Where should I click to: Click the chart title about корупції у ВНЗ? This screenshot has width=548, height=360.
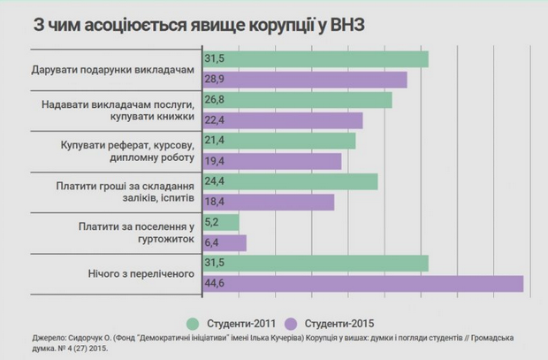[198, 24]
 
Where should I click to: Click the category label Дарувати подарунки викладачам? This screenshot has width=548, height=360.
[112, 69]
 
